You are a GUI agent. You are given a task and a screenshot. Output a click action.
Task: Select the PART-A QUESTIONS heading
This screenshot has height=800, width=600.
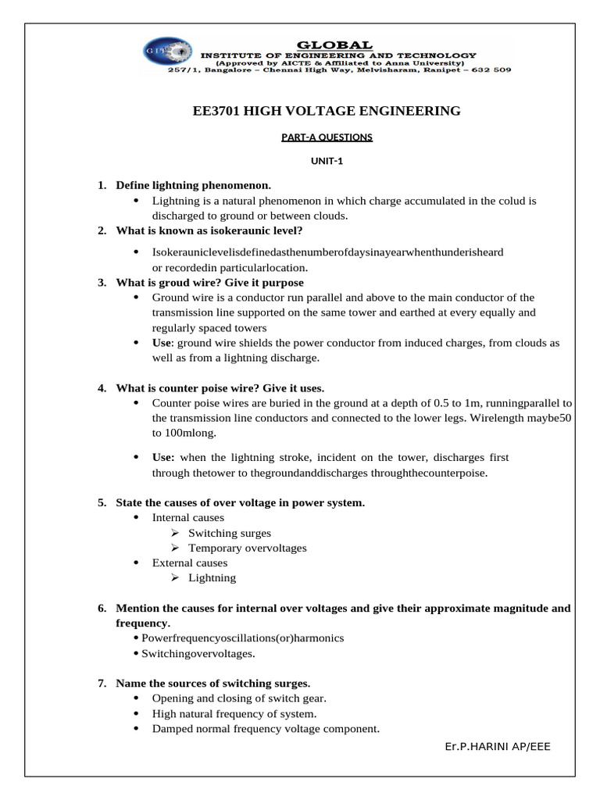coord(327,137)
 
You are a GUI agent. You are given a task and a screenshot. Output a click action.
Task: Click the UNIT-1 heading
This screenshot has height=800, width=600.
coord(327,162)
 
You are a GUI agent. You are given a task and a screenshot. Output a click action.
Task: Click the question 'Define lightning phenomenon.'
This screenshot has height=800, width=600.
coord(193,186)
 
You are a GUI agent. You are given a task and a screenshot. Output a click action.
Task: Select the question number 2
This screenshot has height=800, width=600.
coord(102,230)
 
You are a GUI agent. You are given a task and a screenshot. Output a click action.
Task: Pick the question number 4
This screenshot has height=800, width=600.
coord(102,388)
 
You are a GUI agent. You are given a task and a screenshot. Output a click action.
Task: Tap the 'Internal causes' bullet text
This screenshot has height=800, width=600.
coord(187,517)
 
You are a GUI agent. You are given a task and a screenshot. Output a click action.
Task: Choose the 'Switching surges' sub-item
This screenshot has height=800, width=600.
coord(230,533)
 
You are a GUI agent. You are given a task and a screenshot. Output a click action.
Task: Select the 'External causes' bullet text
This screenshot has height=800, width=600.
coord(190,562)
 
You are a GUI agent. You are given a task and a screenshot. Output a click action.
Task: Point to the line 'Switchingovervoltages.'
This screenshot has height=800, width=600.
coord(198,653)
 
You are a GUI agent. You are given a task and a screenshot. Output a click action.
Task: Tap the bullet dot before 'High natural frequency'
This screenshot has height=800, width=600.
coord(136,714)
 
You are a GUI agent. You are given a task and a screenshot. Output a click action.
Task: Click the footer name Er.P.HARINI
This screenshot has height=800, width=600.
coord(476,747)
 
